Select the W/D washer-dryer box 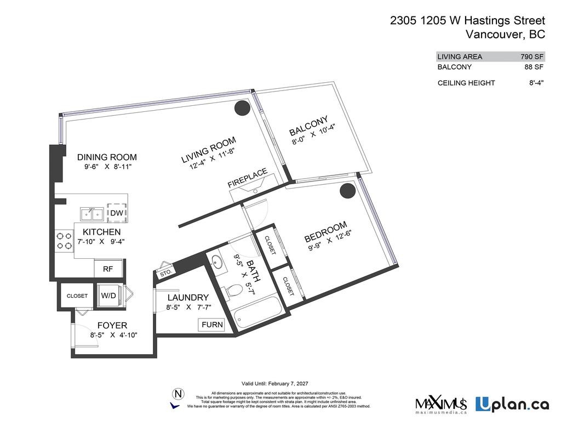click(108, 295)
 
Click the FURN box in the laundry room click(212, 325)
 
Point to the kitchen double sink click(91, 213)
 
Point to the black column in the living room click(242, 109)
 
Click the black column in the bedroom click(346, 190)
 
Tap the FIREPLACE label click(248, 179)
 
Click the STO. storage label click(166, 272)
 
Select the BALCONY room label click(308, 126)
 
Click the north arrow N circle click(177, 393)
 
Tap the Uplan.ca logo click(512, 405)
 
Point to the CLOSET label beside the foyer click(77, 295)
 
